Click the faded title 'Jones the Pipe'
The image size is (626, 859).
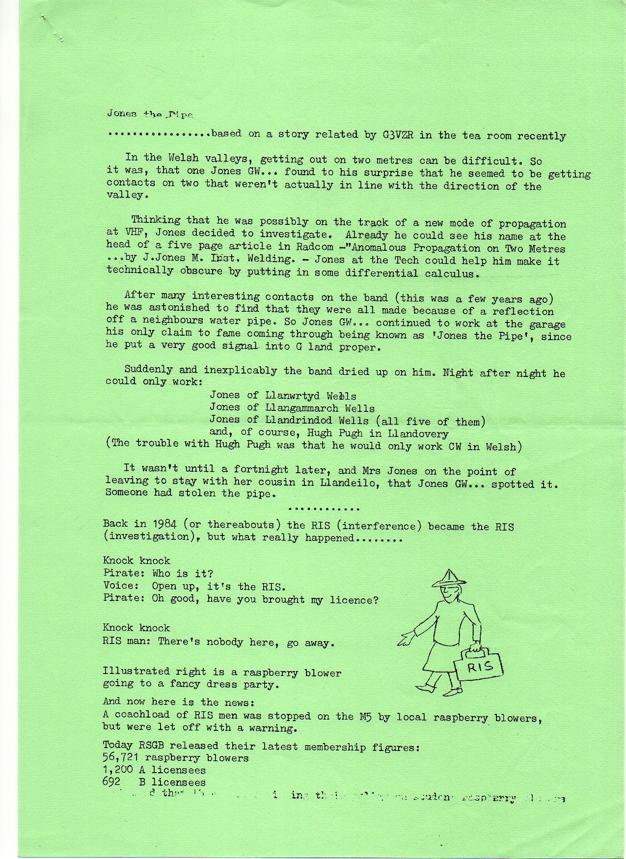(150, 114)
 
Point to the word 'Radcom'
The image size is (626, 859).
(313, 247)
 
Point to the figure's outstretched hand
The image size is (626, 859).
(406, 639)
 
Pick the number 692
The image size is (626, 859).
(111, 782)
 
